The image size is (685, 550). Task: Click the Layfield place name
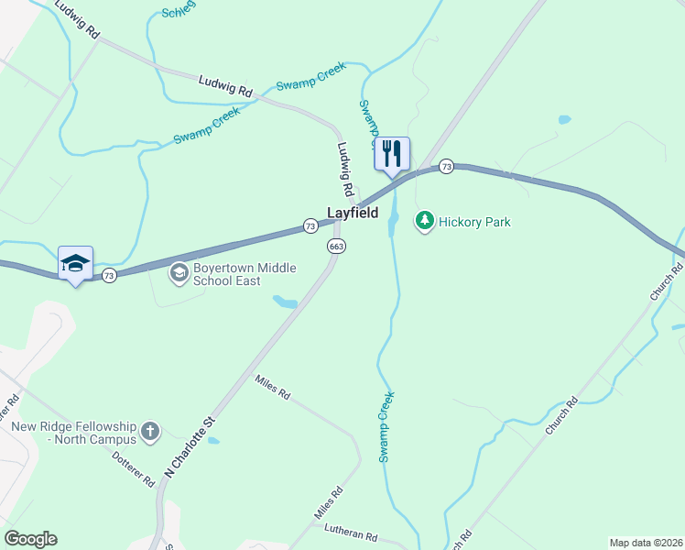353,212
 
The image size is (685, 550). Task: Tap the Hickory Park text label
473,222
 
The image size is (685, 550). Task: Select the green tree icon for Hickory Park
424,221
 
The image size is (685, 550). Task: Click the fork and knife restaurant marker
392,153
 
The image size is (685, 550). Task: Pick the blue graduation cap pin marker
75,263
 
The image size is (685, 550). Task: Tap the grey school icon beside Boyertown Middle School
179,272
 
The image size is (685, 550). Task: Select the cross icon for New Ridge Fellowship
150,429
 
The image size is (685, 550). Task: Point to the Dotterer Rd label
135,467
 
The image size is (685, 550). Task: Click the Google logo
30,539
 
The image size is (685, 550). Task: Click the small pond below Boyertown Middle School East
284,301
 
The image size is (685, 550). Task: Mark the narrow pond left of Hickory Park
394,218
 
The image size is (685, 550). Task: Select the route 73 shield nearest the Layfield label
310,225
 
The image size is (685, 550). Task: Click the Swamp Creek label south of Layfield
387,426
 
